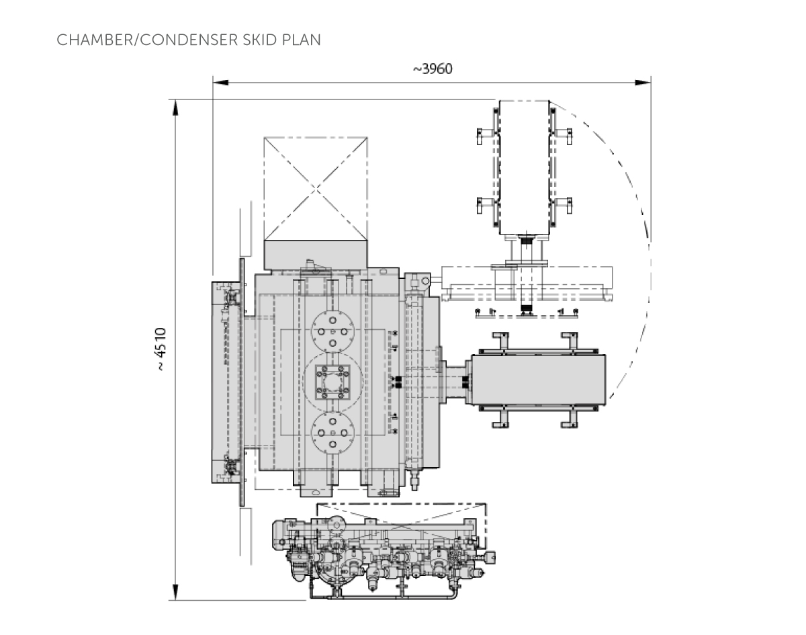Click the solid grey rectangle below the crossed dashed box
316,255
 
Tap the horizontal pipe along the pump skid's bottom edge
383,595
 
